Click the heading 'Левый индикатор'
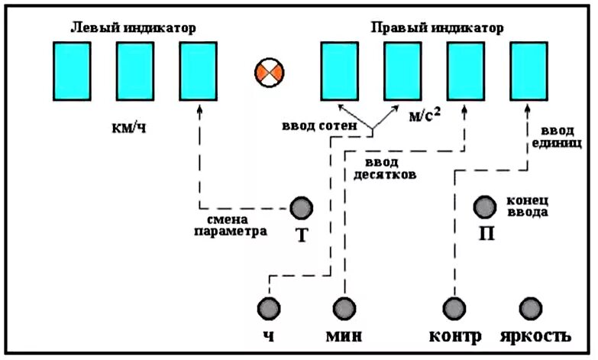(x=133, y=27)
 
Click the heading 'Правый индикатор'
(x=438, y=27)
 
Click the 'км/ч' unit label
(x=128, y=127)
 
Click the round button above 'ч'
(x=268, y=307)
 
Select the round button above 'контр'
(x=454, y=307)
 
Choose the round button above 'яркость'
(x=530, y=307)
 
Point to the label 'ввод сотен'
(x=312, y=125)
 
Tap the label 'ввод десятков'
(x=384, y=167)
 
